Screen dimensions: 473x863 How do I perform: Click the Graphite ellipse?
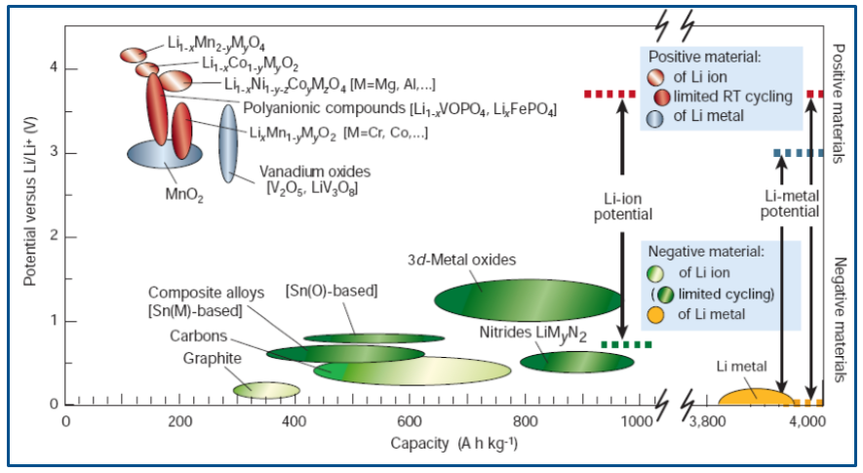[x=266, y=390]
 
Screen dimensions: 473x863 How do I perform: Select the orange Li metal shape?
[x=756, y=397]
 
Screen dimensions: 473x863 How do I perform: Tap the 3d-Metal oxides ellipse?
[x=528, y=298]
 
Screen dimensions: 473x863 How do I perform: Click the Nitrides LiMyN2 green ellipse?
[x=576, y=362]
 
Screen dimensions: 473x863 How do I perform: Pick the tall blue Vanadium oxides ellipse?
[x=227, y=142]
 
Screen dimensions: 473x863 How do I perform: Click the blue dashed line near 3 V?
[x=798, y=153]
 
